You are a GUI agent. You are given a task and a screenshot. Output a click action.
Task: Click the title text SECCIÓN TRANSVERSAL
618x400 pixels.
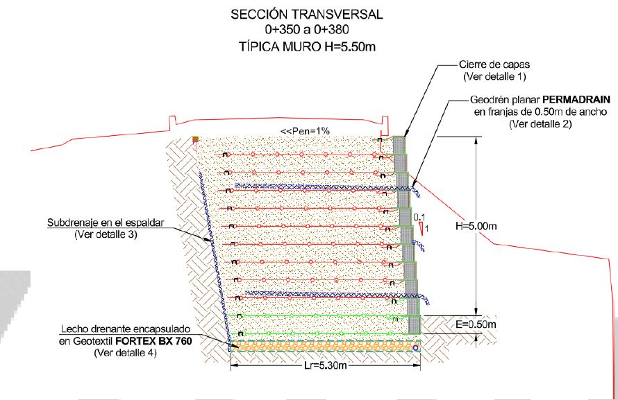pos(307,15)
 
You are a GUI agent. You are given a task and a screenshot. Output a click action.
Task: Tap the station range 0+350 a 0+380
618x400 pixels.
pos(307,31)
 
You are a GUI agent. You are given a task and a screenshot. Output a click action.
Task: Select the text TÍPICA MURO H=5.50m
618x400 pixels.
pos(307,47)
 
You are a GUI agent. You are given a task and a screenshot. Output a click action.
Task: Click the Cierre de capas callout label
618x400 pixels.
pos(494,64)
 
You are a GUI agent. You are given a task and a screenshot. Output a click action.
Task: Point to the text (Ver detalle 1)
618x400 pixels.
pos(494,76)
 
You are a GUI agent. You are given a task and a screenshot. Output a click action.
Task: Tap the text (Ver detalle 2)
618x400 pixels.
pos(540,124)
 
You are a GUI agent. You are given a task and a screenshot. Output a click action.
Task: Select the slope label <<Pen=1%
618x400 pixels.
pos(305,131)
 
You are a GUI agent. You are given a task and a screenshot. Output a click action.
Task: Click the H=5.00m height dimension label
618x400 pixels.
pos(476,226)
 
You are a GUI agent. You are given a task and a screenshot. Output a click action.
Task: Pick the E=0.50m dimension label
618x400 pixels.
pos(476,324)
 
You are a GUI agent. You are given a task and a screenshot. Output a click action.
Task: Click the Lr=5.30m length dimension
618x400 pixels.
pos(326,365)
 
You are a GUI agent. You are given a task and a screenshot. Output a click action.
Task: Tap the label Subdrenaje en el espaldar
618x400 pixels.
pos(106,223)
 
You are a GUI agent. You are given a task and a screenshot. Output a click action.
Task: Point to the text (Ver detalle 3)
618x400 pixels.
pos(106,234)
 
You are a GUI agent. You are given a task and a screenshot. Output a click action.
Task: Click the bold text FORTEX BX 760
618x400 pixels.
pos(153,341)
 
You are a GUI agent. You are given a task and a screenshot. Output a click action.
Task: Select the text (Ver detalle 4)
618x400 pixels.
pos(125,353)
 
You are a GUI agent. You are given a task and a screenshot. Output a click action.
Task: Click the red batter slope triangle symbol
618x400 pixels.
pos(421,227)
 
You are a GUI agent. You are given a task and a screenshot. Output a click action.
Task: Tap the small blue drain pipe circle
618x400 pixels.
pos(415,348)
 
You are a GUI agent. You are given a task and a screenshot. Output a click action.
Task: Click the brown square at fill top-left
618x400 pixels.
pos(195,139)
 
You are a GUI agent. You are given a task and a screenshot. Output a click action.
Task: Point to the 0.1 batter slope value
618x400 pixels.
pos(419,217)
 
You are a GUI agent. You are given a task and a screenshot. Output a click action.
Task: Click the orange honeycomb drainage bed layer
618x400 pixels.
pos(324,346)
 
